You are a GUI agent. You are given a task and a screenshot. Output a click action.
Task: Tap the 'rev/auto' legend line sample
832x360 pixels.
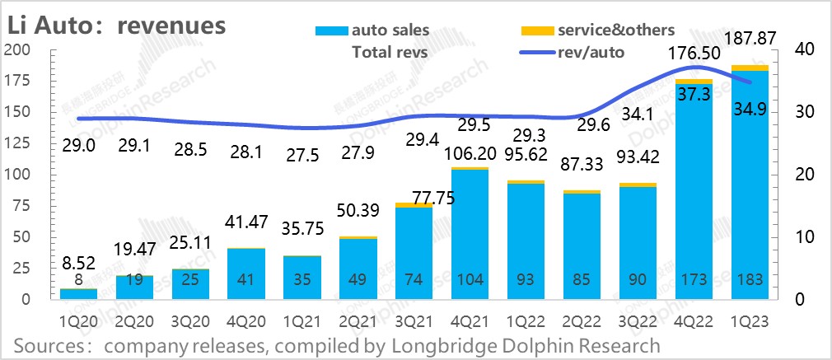point(535,53)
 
